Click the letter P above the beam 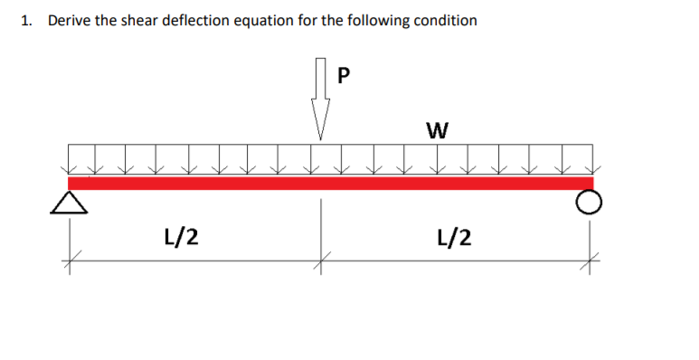[x=341, y=75]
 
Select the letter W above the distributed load [x=436, y=130]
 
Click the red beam [x=330, y=183]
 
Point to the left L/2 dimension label [x=183, y=237]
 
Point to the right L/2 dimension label [x=453, y=237]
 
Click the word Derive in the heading [x=70, y=20]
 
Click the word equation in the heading [x=276, y=20]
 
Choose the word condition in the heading [x=445, y=20]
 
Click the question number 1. [x=27, y=20]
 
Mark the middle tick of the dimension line [x=319, y=262]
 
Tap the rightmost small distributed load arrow [x=592, y=159]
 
